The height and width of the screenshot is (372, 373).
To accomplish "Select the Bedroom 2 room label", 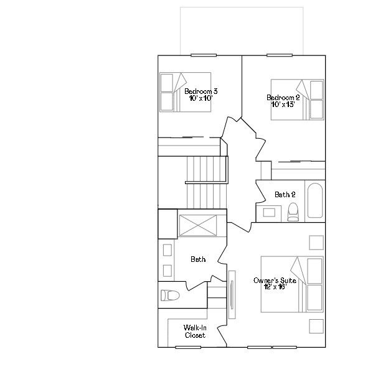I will click(x=283, y=98).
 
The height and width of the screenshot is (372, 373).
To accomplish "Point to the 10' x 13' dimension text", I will click(x=283, y=105).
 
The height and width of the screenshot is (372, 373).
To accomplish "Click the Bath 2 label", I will click(x=285, y=195).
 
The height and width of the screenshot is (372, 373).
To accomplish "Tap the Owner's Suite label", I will click(x=270, y=281).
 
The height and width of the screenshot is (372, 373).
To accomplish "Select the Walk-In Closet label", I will click(x=195, y=331).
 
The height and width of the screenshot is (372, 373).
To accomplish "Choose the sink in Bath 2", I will click(x=269, y=213).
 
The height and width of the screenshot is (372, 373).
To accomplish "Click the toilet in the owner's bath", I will click(x=169, y=295).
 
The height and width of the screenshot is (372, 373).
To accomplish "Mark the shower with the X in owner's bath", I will click(x=198, y=225).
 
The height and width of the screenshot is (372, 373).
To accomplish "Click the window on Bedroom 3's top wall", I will click(x=203, y=55).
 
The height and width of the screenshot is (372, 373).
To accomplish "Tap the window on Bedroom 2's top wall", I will click(x=280, y=55).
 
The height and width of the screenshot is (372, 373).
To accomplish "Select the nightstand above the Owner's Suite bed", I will click(x=316, y=243).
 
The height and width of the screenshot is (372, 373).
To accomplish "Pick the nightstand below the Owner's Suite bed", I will click(x=316, y=326).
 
